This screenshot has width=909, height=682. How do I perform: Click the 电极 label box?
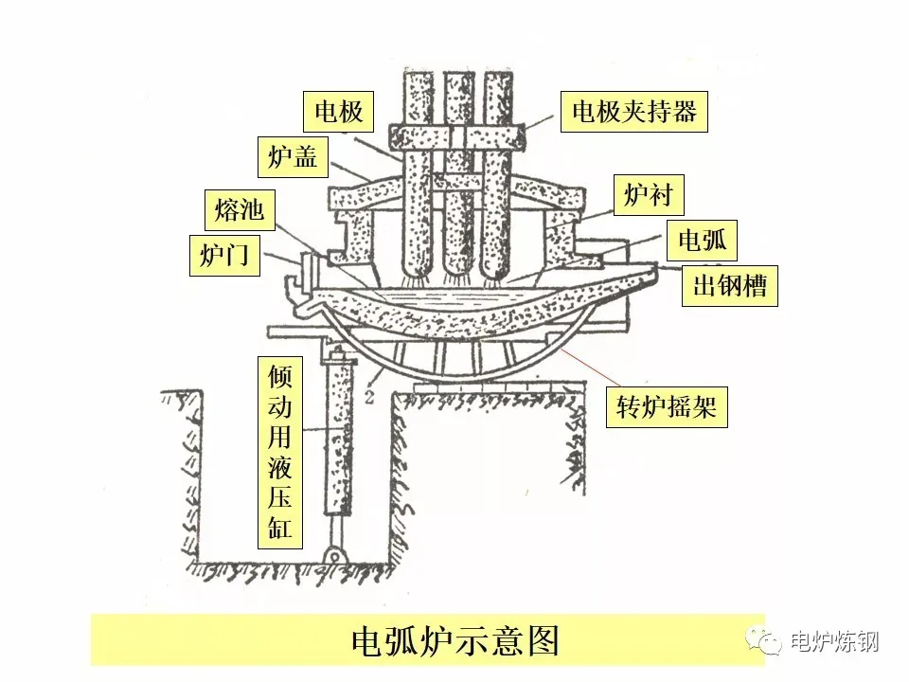tap(339, 113)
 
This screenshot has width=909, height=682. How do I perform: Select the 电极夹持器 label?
tap(633, 112)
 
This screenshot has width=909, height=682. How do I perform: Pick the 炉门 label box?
tap(228, 255)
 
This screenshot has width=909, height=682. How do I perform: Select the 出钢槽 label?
tap(729, 286)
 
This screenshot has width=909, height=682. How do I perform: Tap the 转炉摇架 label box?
tap(667, 408)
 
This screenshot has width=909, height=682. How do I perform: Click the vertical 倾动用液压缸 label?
tap(280, 452)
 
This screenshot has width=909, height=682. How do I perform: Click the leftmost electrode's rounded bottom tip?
tap(416, 268)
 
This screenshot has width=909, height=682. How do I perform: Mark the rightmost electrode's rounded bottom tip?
tap(498, 268)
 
